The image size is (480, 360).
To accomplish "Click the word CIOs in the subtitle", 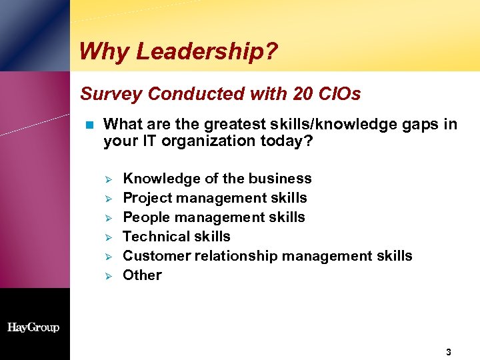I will coord(339,94).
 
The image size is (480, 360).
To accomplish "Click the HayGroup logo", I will coord(33,327).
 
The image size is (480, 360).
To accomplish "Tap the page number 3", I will coord(449,351).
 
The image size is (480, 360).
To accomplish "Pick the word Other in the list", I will coord(142,275).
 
